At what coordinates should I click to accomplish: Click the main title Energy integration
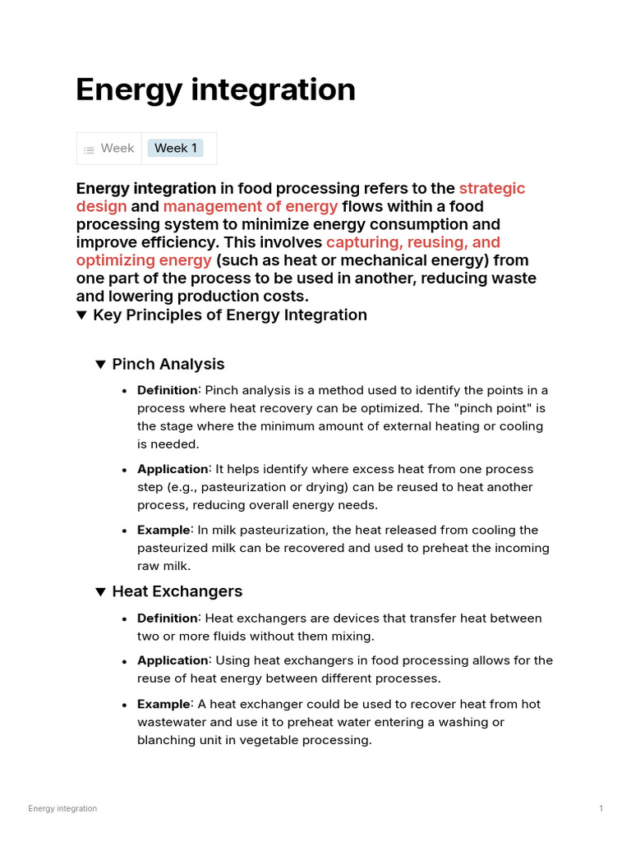215,90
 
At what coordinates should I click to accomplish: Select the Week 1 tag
175,148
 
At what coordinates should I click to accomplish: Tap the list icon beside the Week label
89,149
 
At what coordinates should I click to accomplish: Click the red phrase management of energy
251,206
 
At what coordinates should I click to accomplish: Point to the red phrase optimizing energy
144,260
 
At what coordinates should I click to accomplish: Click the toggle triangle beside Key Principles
81,315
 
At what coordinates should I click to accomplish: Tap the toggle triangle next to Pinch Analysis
100,365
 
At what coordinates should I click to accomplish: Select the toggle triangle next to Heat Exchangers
100,592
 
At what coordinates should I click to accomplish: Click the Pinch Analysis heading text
168,364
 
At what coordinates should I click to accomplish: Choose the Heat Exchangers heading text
177,591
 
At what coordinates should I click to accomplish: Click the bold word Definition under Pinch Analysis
167,390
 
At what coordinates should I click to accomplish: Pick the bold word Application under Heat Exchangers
173,660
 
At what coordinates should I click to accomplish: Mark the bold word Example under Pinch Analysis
164,530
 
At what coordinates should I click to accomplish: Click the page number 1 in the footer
601,809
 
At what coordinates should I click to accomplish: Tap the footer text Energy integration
62,809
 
